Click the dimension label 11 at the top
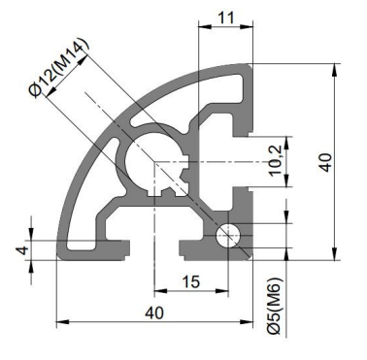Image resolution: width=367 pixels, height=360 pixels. point(225,17)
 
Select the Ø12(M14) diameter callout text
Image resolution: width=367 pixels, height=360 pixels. point(58,68)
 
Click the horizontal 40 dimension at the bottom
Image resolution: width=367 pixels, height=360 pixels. point(154,313)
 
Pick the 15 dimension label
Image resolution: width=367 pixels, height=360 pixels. point(191,281)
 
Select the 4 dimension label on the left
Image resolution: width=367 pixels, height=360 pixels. point(23,250)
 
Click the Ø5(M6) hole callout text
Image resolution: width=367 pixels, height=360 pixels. point(275,306)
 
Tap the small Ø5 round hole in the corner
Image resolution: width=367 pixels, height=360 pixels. point(229,236)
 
